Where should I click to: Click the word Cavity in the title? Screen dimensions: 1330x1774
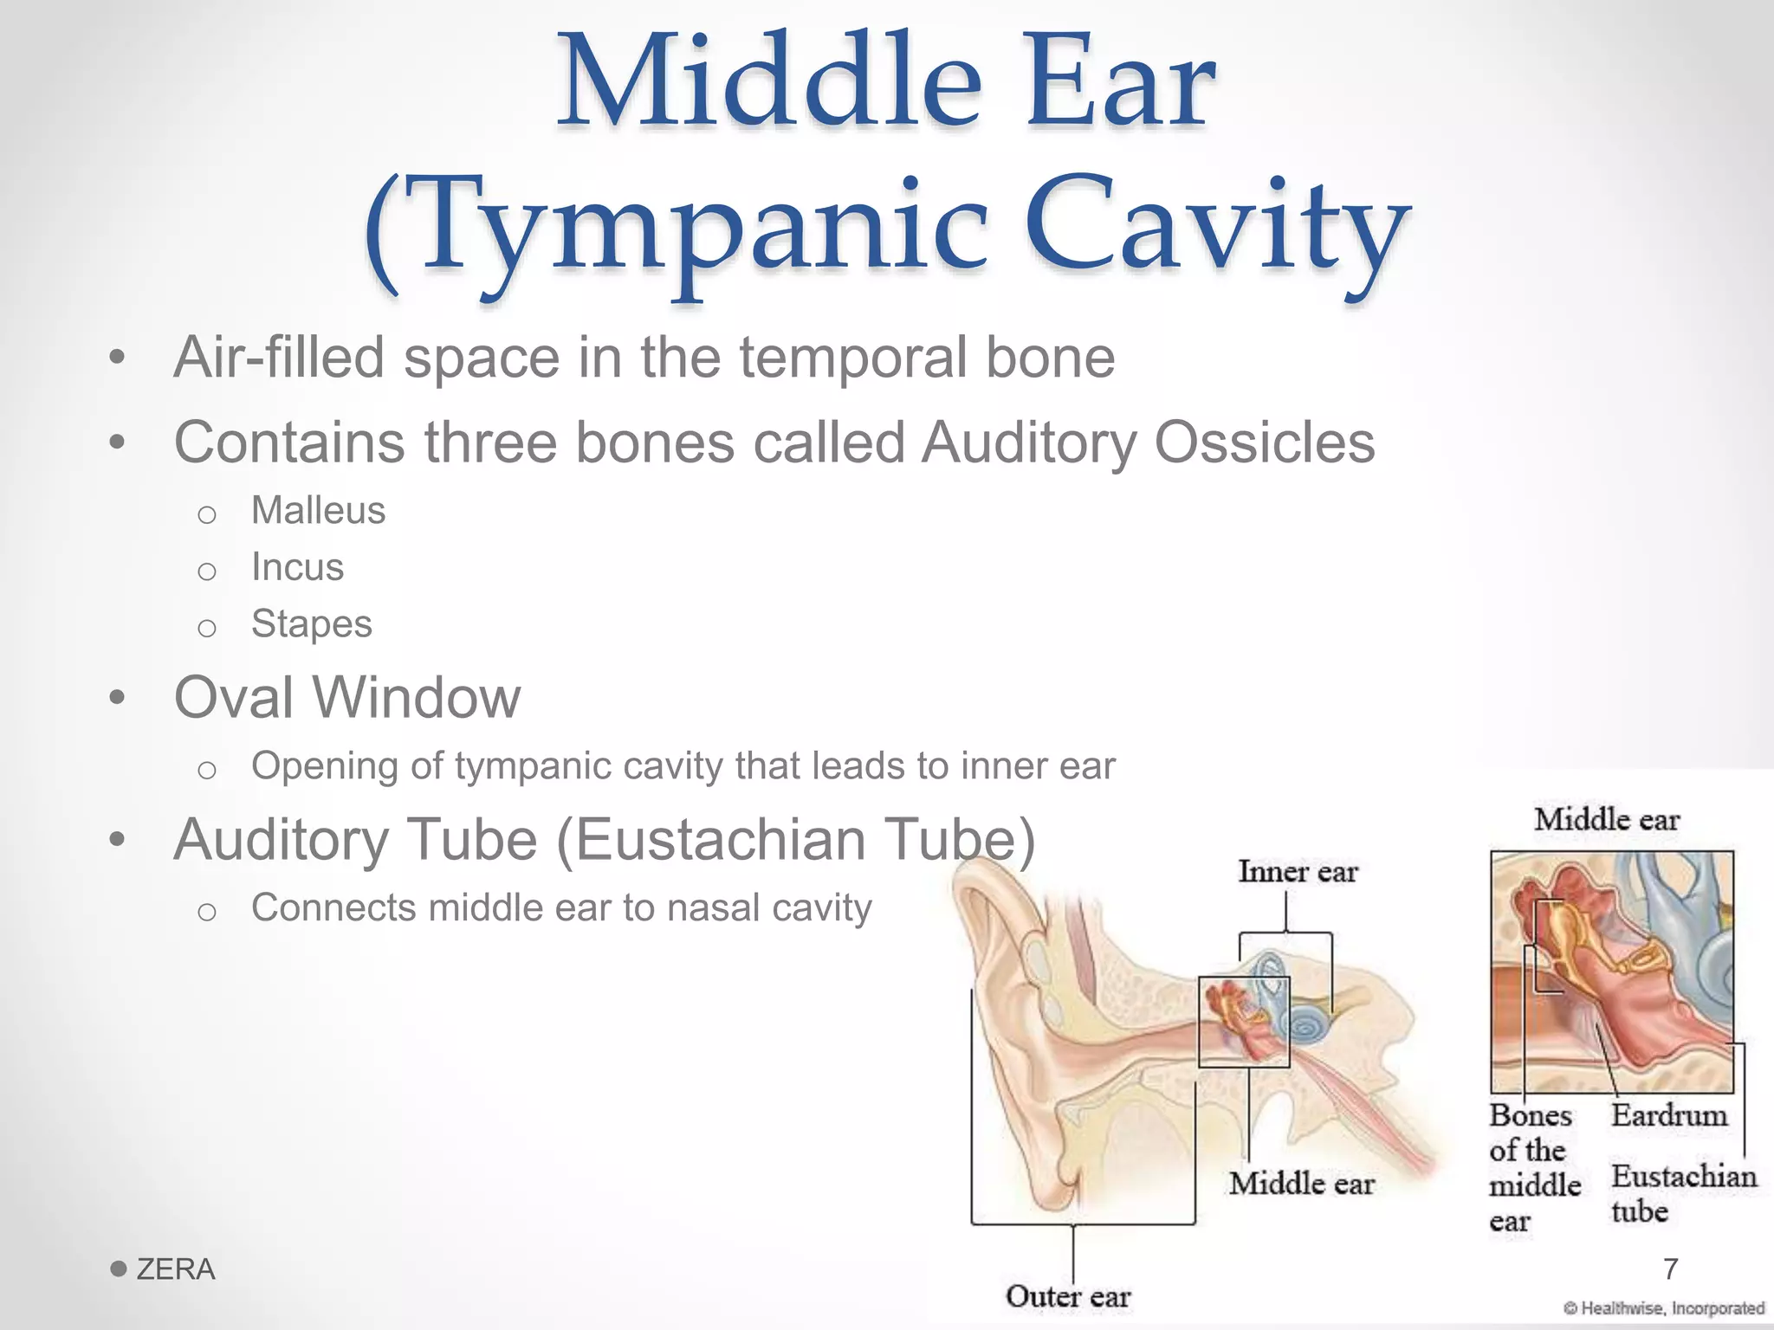[x=1217, y=227]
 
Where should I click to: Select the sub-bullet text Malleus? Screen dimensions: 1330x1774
[x=318, y=511]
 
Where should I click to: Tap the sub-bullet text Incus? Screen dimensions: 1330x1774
[x=297, y=567]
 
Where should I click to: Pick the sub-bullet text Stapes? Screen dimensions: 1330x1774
[x=311, y=624]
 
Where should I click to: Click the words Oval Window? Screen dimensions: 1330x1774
[x=347, y=697]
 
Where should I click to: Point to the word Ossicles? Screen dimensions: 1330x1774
[x=1265, y=442]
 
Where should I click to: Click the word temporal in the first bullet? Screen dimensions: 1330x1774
[x=852, y=358]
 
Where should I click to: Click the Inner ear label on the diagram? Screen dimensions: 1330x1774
[x=1298, y=871]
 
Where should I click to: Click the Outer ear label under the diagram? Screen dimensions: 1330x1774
[x=1068, y=1296]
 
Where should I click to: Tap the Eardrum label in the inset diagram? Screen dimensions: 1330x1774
[x=1668, y=1115]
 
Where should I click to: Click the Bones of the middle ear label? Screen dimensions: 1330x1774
[x=1532, y=1167]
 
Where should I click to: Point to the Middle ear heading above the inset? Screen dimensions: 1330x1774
[x=1607, y=819]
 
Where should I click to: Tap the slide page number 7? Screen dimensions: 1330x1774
[x=1671, y=1269]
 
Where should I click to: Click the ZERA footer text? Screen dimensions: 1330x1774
[x=175, y=1269]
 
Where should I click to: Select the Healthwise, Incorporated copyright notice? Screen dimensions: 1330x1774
[x=1664, y=1308]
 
